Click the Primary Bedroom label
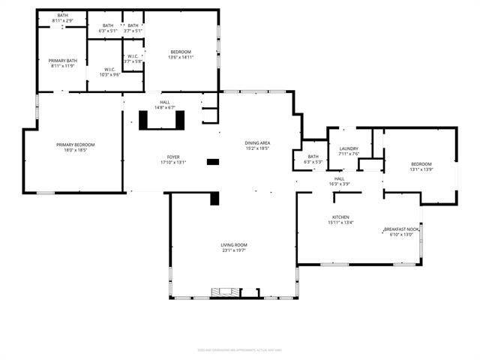point(71,144)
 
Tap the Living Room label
point(233,244)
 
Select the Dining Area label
point(257,142)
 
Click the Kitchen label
point(340,217)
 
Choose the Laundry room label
point(349,148)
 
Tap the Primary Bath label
point(62,60)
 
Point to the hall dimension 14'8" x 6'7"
point(163,107)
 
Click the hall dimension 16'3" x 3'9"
point(339,184)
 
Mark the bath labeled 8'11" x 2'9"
point(62,20)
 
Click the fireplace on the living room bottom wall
point(222,292)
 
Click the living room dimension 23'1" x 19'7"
point(233,250)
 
